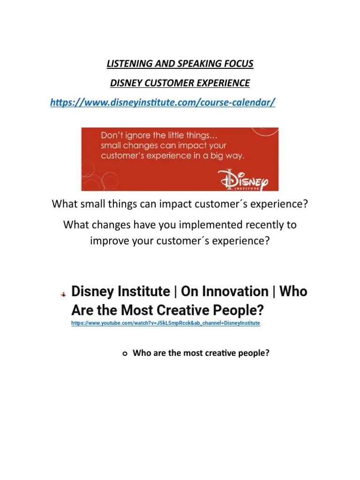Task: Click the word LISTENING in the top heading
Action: point(126,64)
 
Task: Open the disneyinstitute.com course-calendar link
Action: point(162,103)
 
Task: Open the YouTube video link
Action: point(165,323)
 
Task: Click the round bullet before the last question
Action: point(125,354)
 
